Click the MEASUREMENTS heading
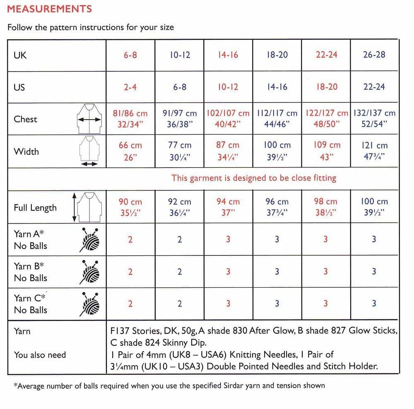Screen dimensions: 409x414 pyautogui.click(x=50, y=9)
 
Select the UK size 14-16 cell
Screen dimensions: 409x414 pyautogui.click(x=228, y=55)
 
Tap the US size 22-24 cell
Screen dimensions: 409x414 pyautogui.click(x=374, y=87)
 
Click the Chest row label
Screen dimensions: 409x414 pyautogui.click(x=25, y=119)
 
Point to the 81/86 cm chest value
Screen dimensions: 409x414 pyautogui.click(x=130, y=113)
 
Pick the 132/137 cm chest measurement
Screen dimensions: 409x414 pyautogui.click(x=374, y=113)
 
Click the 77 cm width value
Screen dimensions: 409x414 pyautogui.click(x=180, y=145)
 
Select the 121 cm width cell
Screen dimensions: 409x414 pyautogui.click(x=374, y=145)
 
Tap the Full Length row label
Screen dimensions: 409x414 pyautogui.click(x=35, y=208)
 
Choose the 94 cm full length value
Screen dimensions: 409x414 pyautogui.click(x=228, y=202)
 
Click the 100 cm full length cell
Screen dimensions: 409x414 pyautogui.click(x=374, y=202)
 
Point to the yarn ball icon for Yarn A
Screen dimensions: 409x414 pyautogui.click(x=90, y=240)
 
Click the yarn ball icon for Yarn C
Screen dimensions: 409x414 pyautogui.click(x=90, y=304)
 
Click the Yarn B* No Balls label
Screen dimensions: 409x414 pyautogui.click(x=31, y=272)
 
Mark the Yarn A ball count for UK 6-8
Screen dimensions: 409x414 pyautogui.click(x=130, y=239)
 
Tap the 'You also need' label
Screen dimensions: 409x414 pyautogui.click(x=40, y=355)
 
